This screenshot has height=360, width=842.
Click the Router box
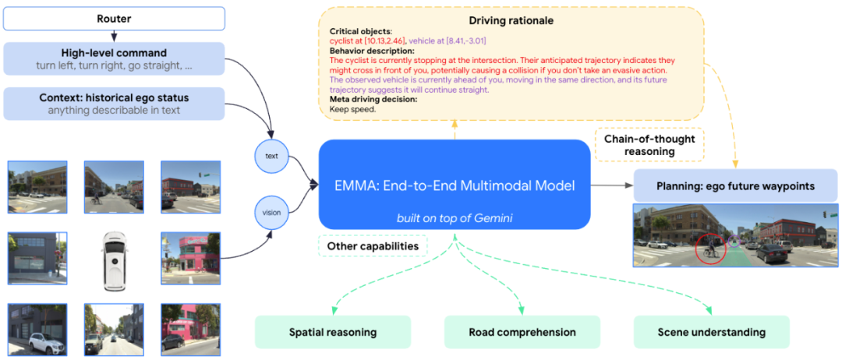pyautogui.click(x=114, y=18)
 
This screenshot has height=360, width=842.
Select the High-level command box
pyautogui.click(x=114, y=58)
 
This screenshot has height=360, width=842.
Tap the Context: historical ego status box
pyautogui.click(x=114, y=104)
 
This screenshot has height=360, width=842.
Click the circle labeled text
pyautogui.click(x=271, y=156)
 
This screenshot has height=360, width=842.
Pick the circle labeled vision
pyautogui.click(x=271, y=212)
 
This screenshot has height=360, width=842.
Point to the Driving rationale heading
pyautogui.click(x=511, y=19)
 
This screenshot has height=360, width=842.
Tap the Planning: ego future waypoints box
pyautogui.click(x=735, y=185)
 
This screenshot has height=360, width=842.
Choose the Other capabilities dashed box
pyautogui.click(x=373, y=246)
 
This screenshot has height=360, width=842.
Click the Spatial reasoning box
pyautogui.click(x=332, y=332)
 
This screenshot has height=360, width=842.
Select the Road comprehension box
pyautogui.click(x=522, y=332)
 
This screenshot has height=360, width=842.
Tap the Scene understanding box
pyautogui.click(x=711, y=332)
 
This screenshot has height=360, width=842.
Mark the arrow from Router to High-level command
pyautogui.click(x=114, y=36)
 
